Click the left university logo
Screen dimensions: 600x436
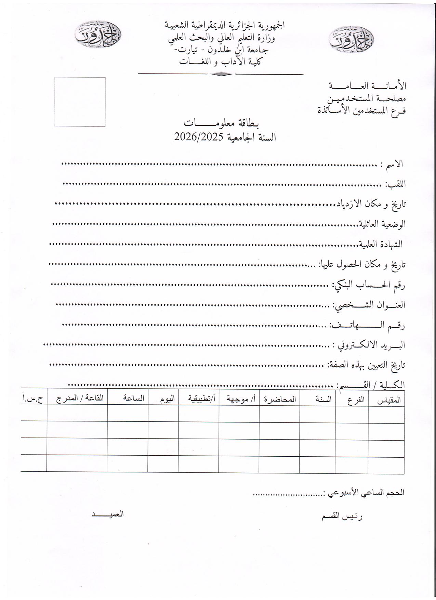pos(98,35)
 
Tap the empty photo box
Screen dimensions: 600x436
pos(80,102)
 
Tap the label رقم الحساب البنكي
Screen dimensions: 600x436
pos(369,285)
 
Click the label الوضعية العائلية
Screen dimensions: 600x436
pos(382,224)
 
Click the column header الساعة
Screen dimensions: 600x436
pos(134,399)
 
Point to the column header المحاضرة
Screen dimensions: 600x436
pos(280,399)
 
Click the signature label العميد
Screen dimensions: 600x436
pos(107,514)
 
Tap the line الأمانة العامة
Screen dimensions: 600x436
pos(368,85)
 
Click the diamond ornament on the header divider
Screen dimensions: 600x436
pos(221,74)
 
